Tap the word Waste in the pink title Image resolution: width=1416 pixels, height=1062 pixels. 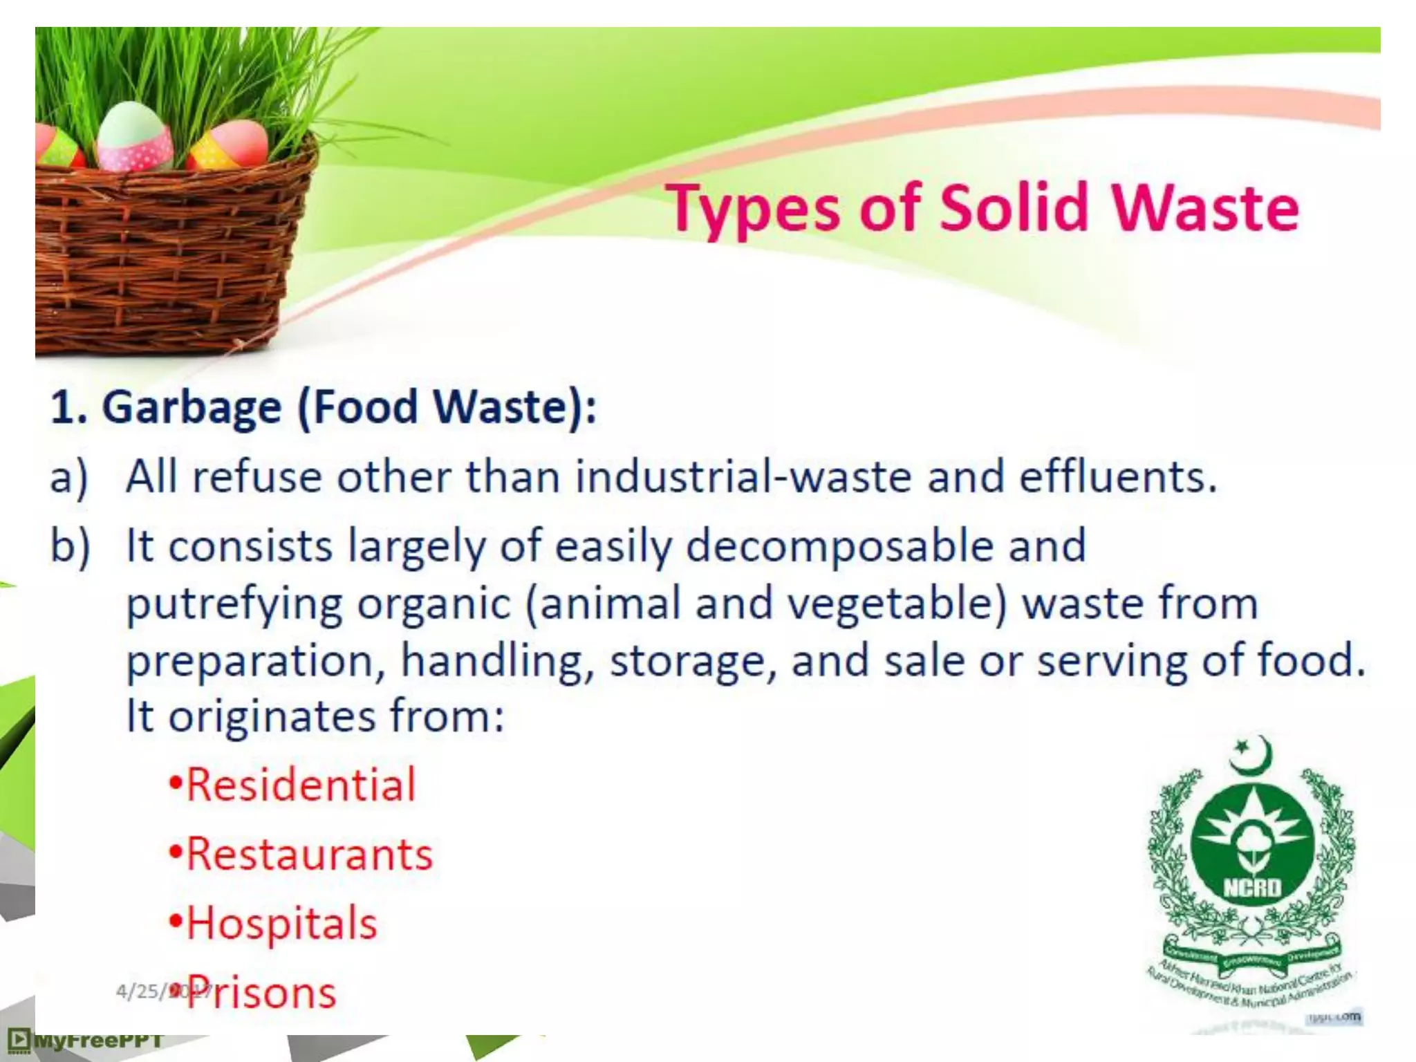click(x=1204, y=207)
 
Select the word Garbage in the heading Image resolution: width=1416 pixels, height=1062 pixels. click(x=192, y=408)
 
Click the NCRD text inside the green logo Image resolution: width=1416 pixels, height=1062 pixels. click(x=1252, y=887)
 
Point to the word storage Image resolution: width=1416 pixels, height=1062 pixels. click(x=687, y=661)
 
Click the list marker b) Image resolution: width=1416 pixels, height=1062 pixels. click(x=70, y=546)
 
